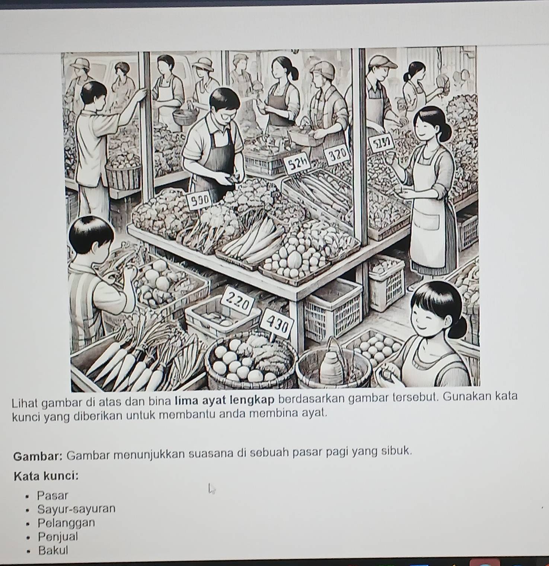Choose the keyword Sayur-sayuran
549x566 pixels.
(77, 509)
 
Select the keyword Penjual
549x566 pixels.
(58, 537)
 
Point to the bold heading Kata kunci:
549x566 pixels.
(46, 476)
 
